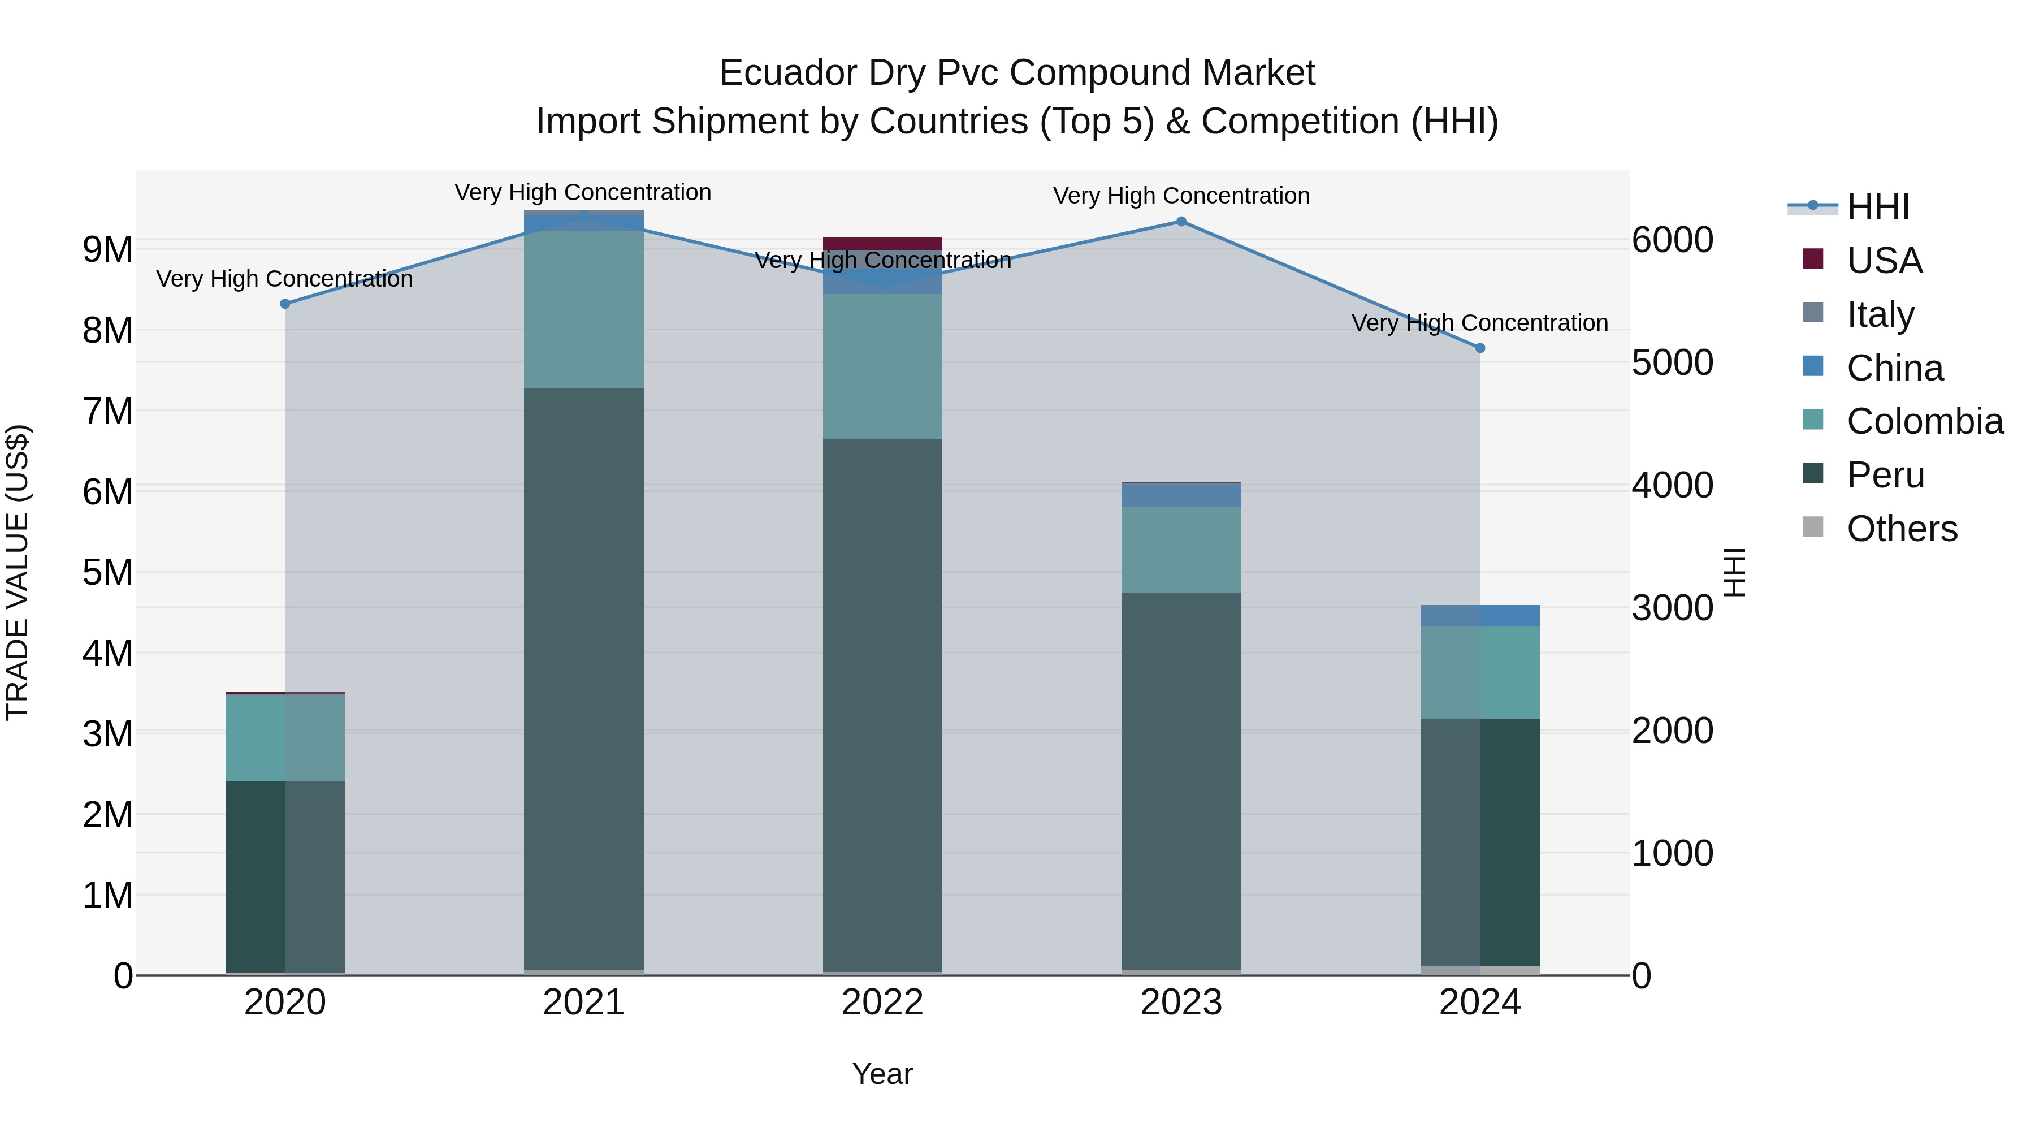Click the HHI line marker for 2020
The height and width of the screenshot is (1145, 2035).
point(285,304)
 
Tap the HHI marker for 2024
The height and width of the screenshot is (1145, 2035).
point(1480,348)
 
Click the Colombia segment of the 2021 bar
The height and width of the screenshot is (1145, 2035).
point(584,308)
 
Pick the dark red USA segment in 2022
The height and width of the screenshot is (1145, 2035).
point(882,243)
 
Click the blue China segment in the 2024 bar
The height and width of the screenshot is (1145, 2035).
point(1480,616)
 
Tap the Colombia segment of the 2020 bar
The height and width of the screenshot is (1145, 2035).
point(285,737)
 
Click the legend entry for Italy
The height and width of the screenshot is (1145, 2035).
point(1880,314)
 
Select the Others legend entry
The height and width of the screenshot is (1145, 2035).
point(1902,529)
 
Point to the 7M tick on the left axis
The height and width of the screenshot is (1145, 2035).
point(107,411)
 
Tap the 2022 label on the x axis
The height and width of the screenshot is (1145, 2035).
point(882,1003)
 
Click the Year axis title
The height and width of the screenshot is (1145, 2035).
point(882,1074)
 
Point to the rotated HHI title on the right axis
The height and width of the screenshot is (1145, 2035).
point(1735,572)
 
